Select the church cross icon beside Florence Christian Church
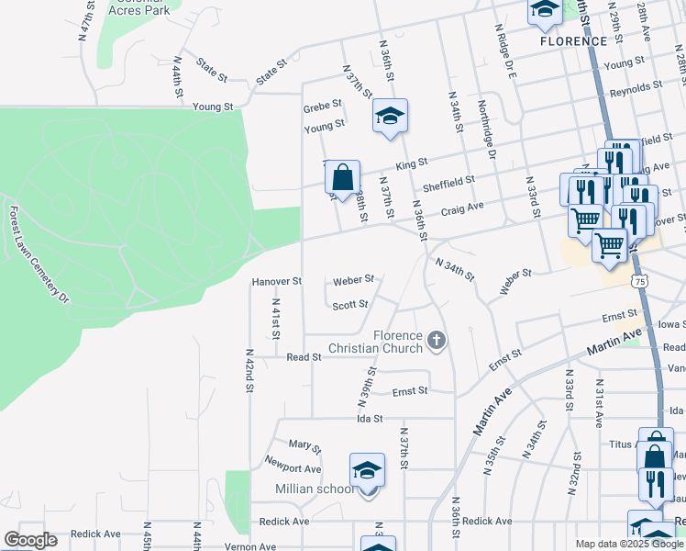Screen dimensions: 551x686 [x=437, y=342]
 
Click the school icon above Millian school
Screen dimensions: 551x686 [x=368, y=469]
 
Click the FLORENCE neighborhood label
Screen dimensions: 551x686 [x=573, y=41]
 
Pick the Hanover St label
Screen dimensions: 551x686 [x=277, y=281]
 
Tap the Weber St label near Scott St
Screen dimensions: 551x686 [x=353, y=279]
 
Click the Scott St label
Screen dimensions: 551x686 [x=350, y=305]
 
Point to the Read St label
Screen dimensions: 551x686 [x=304, y=356]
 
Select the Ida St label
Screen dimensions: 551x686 [x=370, y=418]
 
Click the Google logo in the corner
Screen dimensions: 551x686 [x=30, y=540]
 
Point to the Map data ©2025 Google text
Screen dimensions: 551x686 [x=628, y=544]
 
